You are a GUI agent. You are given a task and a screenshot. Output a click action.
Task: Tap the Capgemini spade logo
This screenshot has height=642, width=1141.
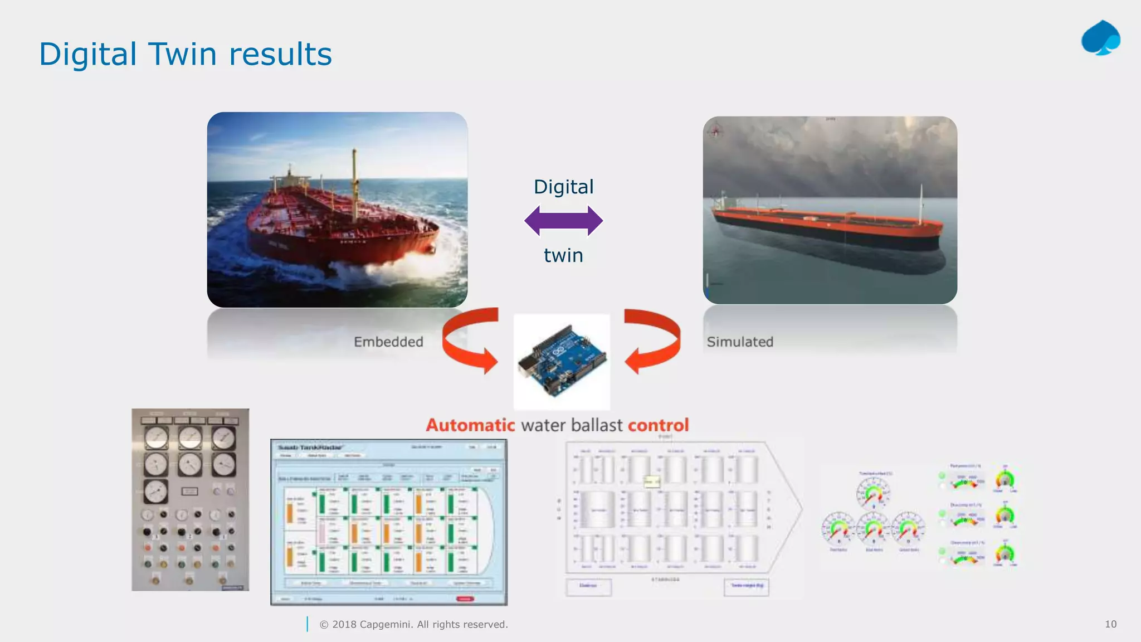coord(1101,38)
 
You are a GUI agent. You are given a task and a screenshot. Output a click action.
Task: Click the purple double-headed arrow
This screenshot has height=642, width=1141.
coord(563,221)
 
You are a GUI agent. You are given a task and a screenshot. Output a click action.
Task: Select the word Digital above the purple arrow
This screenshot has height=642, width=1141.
coord(563,187)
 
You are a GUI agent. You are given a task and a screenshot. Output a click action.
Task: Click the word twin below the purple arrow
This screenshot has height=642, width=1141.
coord(563,255)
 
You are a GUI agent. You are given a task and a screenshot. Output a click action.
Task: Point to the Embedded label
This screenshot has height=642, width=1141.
coord(388,342)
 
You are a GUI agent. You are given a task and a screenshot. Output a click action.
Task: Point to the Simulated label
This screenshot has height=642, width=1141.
coord(740,342)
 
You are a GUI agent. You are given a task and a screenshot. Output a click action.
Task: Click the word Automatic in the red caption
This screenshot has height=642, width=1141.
coord(470,425)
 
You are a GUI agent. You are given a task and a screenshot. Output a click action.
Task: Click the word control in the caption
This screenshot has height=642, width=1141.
coord(658,425)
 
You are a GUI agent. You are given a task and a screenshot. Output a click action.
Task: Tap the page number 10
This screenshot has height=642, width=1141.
coord(1110,624)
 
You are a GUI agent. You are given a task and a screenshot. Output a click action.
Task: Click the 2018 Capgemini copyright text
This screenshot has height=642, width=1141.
coord(413,625)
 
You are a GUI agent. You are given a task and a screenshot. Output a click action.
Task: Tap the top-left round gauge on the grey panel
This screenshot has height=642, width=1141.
coord(156,438)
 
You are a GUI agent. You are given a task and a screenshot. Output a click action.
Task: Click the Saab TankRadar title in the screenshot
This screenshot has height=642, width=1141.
coord(310,448)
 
